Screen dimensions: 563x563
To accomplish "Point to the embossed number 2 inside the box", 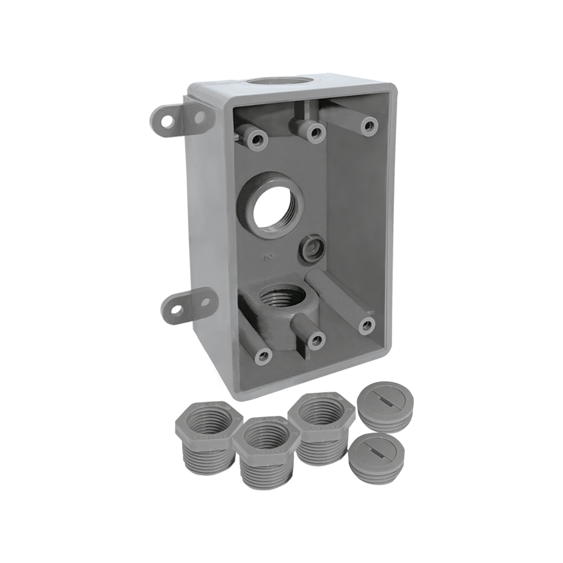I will coord(269,257).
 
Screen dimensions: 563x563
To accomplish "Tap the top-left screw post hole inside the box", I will coord(260,139).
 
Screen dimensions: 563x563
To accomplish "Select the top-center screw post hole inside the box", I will coord(316,132).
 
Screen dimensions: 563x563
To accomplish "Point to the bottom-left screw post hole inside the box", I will coord(263,355).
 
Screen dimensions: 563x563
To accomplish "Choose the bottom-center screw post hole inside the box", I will coord(316,339).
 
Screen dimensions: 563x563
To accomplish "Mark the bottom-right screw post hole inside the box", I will coord(367,324).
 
